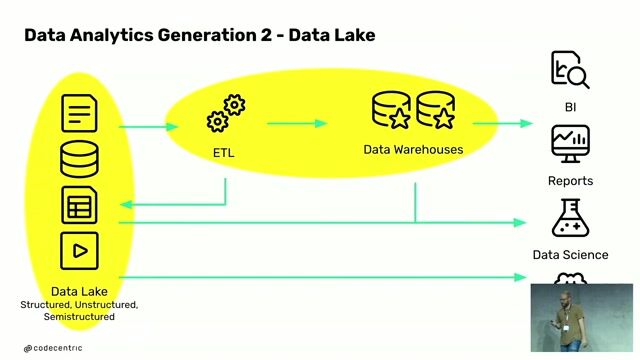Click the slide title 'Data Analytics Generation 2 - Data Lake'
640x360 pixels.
pos(199,36)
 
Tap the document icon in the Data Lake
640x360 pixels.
pos(80,112)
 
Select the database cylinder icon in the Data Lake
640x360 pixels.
pos(80,159)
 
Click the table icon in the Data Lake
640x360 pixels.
pos(80,205)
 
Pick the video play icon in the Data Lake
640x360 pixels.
pos(80,250)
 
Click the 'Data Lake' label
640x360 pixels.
pos(79,291)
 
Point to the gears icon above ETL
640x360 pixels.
pos(225,113)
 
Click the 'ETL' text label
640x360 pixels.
pos(224,153)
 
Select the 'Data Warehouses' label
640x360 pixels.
pos(413,150)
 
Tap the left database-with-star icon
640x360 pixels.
pos(390,111)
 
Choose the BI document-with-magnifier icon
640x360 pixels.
pos(570,71)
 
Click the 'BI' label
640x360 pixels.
pos(570,106)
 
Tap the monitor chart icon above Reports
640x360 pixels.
pos(570,144)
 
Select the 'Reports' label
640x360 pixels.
pos(570,181)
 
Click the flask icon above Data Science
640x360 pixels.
pos(570,218)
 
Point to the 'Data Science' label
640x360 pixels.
pos(570,255)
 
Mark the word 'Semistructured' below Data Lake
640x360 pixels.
pos(79,316)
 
